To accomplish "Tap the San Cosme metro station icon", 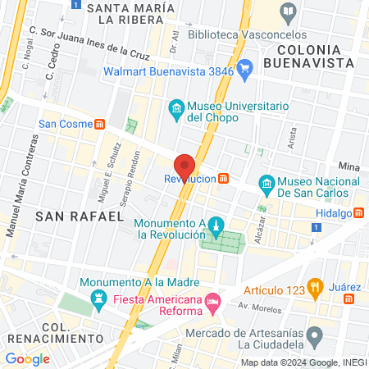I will (100, 125).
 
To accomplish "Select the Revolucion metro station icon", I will (224, 179).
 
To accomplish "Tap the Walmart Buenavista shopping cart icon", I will (244, 71).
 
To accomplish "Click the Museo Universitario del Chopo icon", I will (175, 108).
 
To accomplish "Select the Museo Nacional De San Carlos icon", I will (266, 183).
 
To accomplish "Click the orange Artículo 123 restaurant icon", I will (314, 286).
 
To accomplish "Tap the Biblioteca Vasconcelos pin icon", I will (288, 11).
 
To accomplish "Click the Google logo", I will (27, 358).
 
